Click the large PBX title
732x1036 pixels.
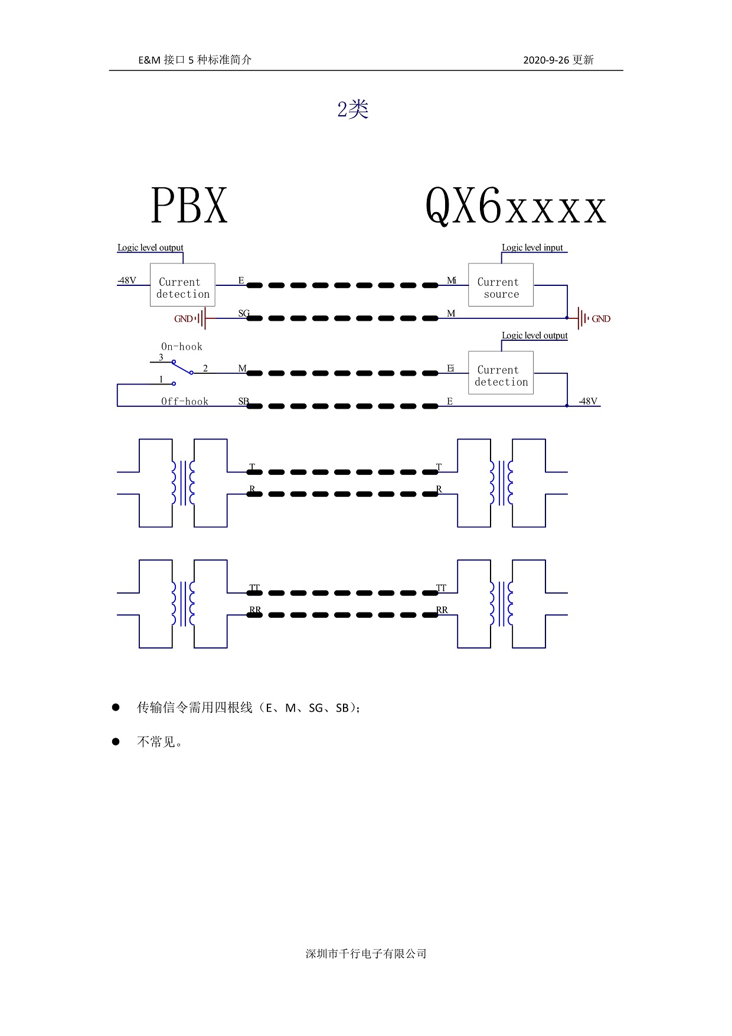(189, 206)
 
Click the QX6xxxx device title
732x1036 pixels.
(516, 206)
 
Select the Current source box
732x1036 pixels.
(501, 285)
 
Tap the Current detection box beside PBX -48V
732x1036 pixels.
(182, 285)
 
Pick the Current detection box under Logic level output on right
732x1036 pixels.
(501, 373)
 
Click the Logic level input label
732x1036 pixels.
(532, 247)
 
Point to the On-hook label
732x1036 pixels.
(182, 347)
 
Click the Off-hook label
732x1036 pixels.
(185, 402)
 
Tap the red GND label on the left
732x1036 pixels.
(183, 319)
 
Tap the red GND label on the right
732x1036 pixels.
(601, 319)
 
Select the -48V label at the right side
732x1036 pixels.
(588, 401)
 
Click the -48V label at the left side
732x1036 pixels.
(126, 280)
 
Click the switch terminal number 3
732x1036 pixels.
(161, 357)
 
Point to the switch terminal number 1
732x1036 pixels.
(161, 379)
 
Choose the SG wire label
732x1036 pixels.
(244, 313)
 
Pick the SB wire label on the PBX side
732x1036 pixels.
(243, 401)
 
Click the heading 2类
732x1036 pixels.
(353, 109)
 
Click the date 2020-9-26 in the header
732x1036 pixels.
(546, 60)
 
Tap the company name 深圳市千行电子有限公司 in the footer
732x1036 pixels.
(366, 953)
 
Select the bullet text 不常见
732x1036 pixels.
(156, 741)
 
